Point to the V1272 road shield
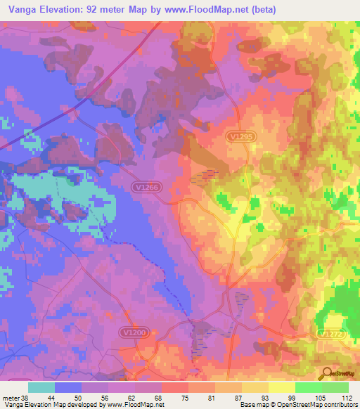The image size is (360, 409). [331, 335]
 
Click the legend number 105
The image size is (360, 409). [321, 397]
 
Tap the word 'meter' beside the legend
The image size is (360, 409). [10, 397]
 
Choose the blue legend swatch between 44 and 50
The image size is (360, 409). [68, 387]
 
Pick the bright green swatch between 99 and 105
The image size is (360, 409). [308, 387]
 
